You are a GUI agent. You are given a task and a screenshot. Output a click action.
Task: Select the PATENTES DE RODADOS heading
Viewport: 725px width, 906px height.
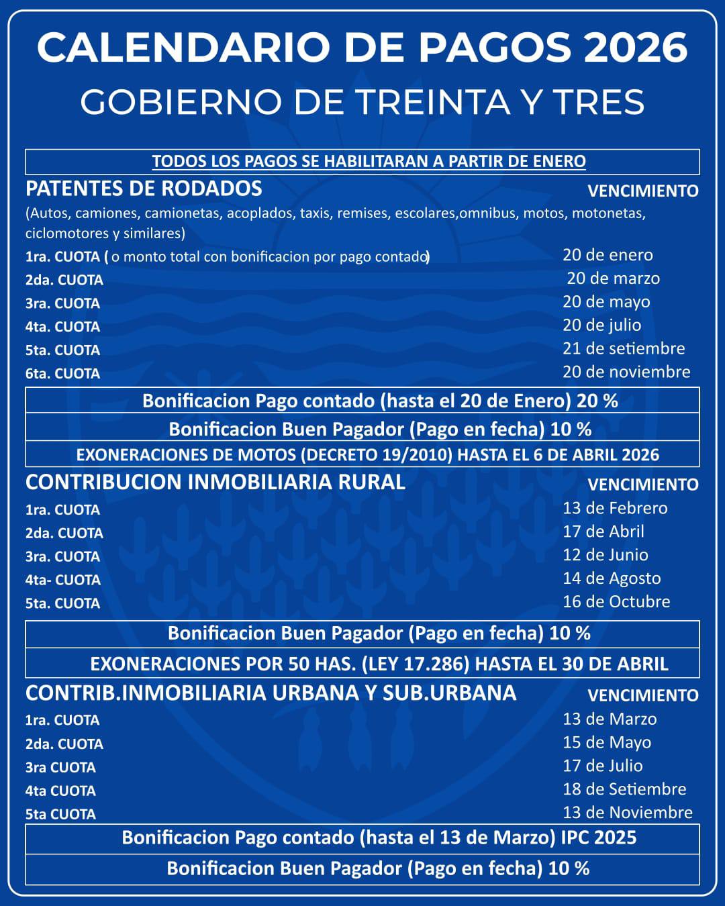coord(144,189)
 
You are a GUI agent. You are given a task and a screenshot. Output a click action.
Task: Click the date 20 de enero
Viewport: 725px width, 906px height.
coord(608,255)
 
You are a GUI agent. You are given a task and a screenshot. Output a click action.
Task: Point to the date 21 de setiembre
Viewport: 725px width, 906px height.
coord(624,348)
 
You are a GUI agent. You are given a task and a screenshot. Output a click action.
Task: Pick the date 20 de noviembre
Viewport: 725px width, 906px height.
coord(626,372)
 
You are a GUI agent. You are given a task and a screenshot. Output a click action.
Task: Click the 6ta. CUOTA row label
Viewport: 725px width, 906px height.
coord(62,374)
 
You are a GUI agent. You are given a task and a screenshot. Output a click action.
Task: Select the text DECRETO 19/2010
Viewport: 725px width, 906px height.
coord(378,455)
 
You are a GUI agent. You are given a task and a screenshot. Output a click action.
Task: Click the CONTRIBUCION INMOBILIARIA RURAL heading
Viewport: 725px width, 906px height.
coord(215,483)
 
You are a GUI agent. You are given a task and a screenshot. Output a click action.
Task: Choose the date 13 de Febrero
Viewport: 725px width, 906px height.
coord(615,508)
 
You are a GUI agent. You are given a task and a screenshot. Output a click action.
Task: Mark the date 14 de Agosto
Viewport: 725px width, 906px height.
coord(612,578)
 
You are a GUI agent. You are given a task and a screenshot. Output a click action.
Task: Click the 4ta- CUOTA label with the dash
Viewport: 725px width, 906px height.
coord(62,580)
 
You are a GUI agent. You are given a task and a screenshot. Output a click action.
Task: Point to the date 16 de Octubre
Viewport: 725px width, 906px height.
coord(616,601)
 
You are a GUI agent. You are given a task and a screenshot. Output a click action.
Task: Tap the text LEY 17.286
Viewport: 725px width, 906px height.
coord(415,664)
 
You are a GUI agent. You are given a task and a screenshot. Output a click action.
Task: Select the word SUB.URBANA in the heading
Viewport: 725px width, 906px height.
coord(449,693)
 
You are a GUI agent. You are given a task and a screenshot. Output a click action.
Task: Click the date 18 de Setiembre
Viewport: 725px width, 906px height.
coord(624,789)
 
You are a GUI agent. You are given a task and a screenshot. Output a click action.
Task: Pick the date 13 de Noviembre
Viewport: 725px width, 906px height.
coord(627,813)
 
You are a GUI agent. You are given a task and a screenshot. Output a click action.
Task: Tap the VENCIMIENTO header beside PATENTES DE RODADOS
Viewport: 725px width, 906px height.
coord(642,191)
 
